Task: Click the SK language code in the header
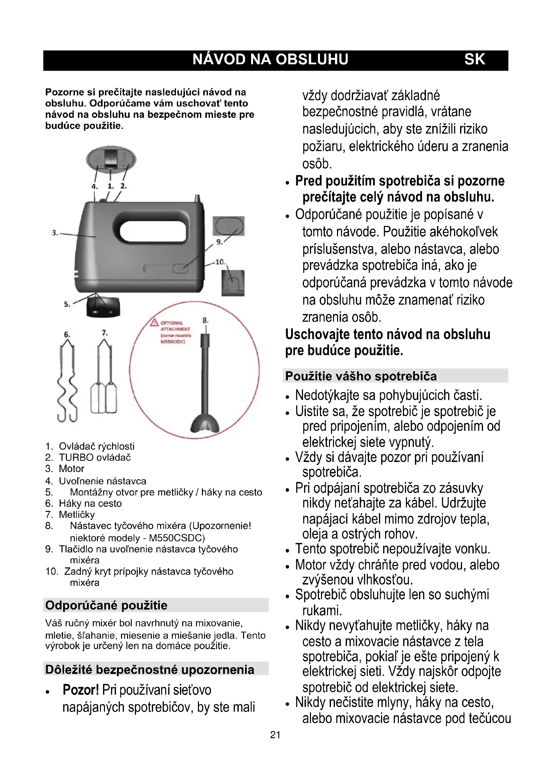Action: coord(474,59)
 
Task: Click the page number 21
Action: coord(275,735)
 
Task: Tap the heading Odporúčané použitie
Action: coord(106,605)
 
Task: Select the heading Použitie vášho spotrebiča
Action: coord(361,376)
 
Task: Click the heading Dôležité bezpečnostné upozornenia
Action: coord(149,670)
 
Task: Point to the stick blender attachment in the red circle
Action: coord(205,385)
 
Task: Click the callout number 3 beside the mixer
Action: coord(54,233)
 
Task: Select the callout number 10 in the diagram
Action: coord(220,262)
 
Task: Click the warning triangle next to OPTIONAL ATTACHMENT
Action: coord(154,323)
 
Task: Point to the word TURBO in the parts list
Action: coord(76,457)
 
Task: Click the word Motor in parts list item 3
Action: coord(72,469)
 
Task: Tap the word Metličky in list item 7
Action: coord(77,515)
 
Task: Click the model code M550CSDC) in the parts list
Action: coord(177,538)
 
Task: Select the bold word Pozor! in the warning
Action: coord(81,690)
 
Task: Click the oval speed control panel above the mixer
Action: coord(111,160)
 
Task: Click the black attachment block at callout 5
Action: coord(103,307)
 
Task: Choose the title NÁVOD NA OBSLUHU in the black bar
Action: coord(270,59)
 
